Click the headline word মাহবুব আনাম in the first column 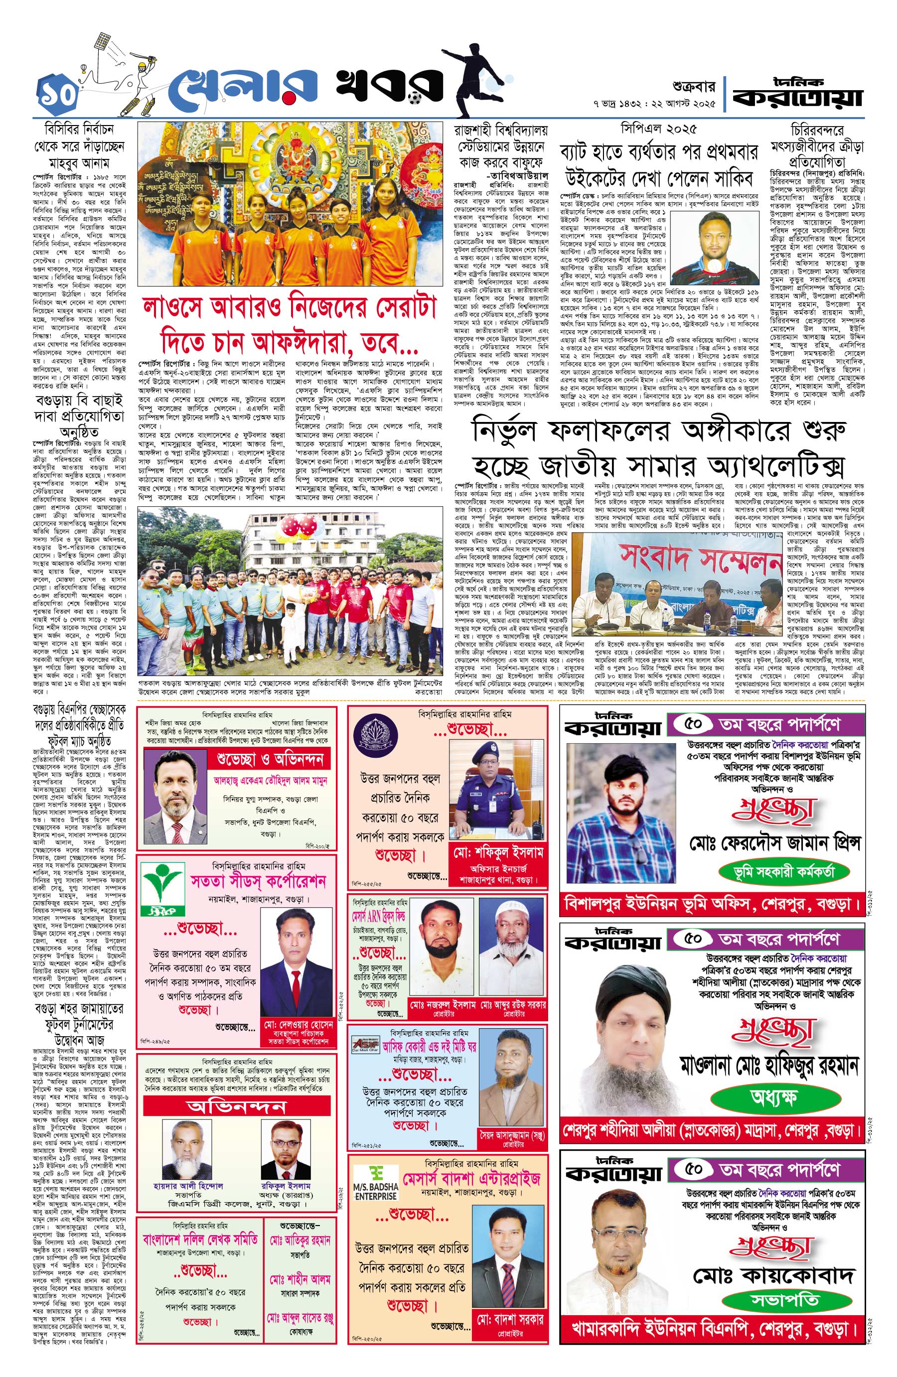coord(79,164)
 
